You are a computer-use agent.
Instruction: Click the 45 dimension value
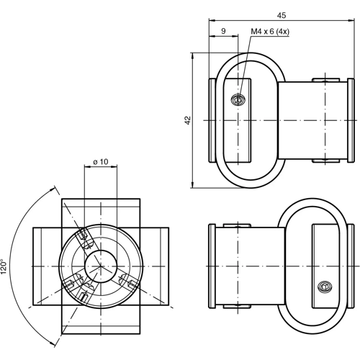pos(282,14)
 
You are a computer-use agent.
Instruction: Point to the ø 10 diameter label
pos(101,162)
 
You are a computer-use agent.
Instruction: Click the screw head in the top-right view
pos(238,100)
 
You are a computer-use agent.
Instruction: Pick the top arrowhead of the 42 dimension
pos(193,55)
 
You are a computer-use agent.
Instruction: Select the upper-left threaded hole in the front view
pos(83,236)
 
